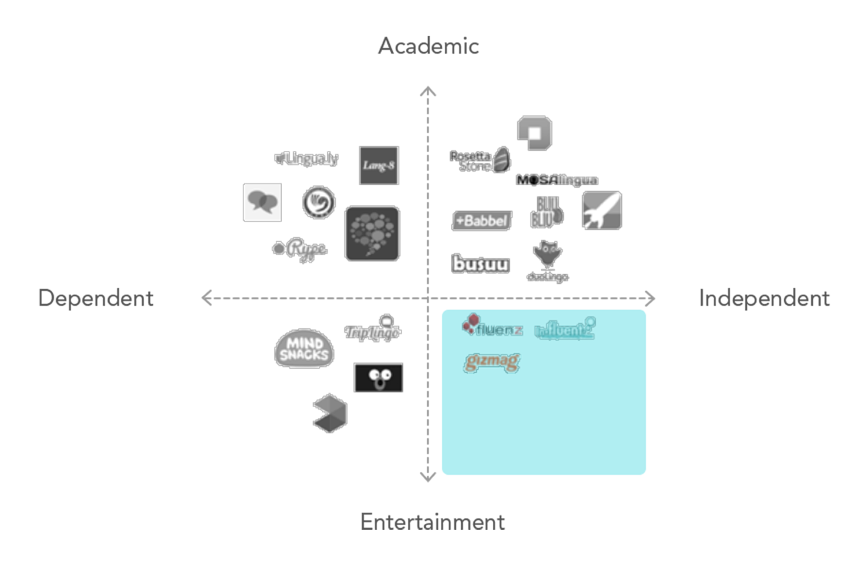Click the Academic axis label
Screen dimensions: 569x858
(x=428, y=46)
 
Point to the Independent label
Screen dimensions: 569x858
(x=764, y=298)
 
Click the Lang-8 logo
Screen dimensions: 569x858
(x=379, y=165)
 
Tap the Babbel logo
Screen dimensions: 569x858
(x=482, y=220)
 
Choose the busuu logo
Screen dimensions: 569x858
(x=480, y=264)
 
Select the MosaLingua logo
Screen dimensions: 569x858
(x=557, y=180)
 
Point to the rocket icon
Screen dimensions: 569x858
(x=602, y=211)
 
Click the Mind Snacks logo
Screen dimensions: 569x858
(x=304, y=349)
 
